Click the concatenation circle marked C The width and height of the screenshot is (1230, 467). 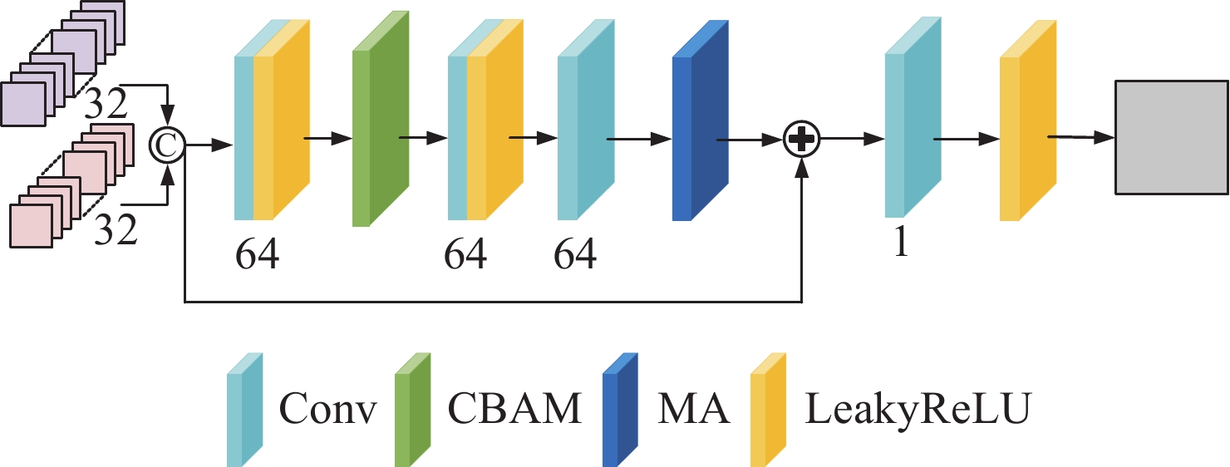pos(168,145)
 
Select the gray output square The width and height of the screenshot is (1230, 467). pos(1170,138)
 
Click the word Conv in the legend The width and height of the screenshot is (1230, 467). pos(328,408)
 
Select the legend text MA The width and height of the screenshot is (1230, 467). pos(693,408)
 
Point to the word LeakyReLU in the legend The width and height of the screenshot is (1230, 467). pos(918,408)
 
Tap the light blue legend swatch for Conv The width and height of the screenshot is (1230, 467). pos(245,410)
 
